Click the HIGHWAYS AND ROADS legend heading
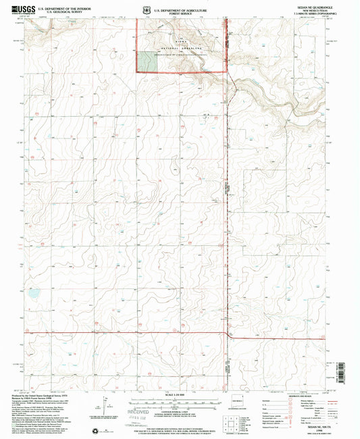point(309,396)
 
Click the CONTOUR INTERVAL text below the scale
point(180,402)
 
